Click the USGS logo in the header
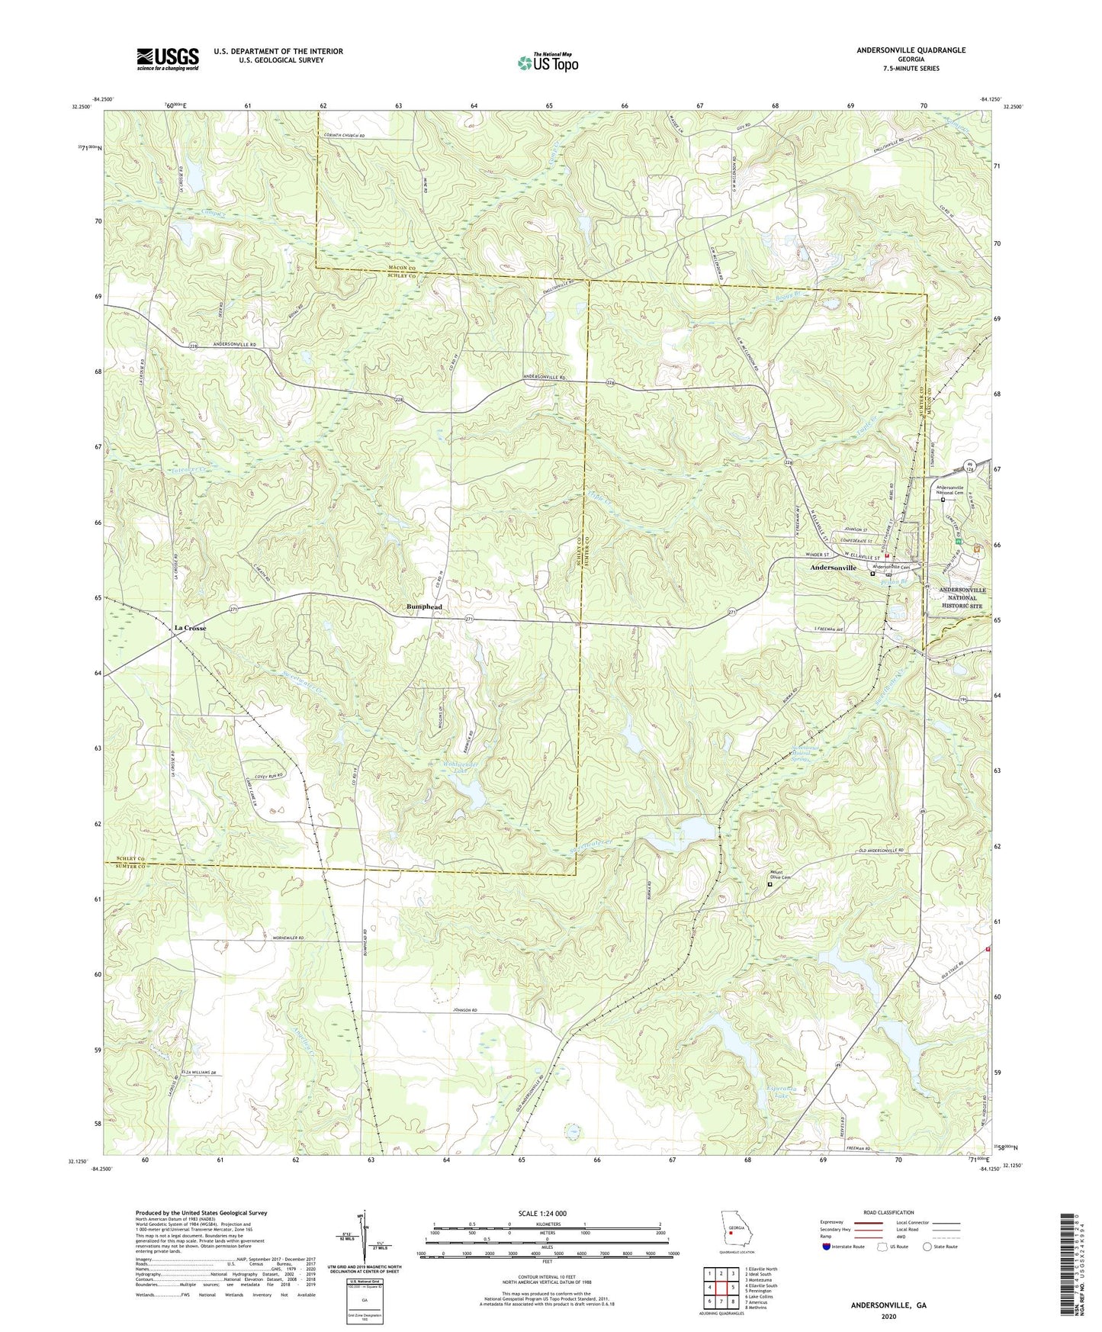click(168, 59)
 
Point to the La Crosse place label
click(190, 628)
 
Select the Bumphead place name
click(424, 607)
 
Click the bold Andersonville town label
click(833, 568)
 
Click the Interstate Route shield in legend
click(827, 1247)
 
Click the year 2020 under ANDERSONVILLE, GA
click(888, 1316)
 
